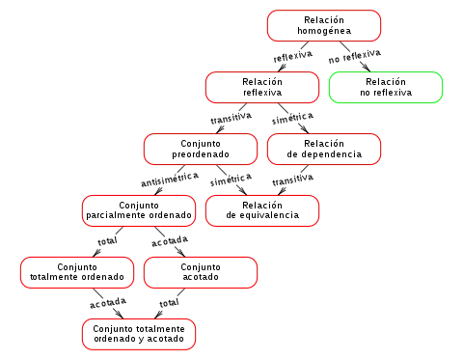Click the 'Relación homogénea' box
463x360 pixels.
coord(324,26)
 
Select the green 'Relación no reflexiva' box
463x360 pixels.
coord(386,88)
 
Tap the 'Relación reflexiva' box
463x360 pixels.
coord(262,88)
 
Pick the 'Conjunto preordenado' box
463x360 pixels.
coord(201,150)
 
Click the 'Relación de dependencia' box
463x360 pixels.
coord(324,150)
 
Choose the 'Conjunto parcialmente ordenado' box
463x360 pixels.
coord(139,211)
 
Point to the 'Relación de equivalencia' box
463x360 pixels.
coord(262,211)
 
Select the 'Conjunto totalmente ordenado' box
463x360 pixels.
coord(77,273)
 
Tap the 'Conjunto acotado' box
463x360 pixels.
coord(201,273)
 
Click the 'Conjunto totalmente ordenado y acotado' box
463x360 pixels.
coord(139,335)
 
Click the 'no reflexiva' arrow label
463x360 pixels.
coord(355,56)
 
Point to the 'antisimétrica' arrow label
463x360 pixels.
coord(170,180)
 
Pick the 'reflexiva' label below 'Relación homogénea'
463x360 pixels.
coord(292,56)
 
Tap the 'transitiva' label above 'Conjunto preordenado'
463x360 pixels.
coord(231,118)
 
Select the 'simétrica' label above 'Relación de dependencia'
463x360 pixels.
coord(292,118)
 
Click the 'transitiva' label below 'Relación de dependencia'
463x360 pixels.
coord(292,180)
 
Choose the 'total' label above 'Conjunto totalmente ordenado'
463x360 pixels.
coord(107,241)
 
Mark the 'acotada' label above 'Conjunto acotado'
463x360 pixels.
coord(170,241)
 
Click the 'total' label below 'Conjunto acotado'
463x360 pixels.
coord(169,303)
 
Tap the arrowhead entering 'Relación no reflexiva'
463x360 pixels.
coord(366,67)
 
